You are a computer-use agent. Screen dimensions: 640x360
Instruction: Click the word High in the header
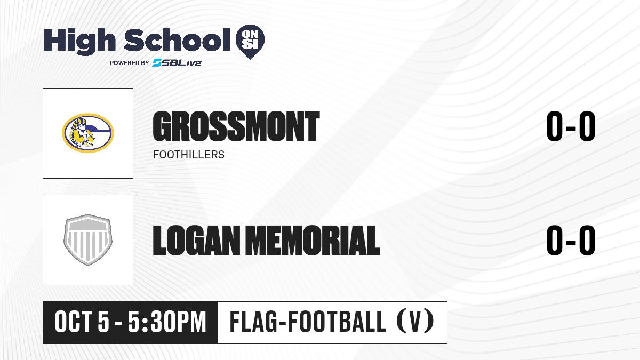79,41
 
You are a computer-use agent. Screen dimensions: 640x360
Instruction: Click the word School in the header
177,40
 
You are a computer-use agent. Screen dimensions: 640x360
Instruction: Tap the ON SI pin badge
250,42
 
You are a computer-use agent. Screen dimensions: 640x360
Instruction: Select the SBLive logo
177,63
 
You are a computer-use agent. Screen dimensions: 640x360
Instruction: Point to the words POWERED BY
130,63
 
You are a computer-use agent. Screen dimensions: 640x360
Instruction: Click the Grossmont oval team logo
88,133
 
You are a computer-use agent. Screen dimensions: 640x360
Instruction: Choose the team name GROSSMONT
236,126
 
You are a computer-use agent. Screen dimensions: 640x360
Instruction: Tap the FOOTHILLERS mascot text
189,155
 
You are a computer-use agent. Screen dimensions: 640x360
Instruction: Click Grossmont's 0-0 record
571,126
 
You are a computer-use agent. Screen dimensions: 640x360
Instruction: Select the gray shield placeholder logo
88,240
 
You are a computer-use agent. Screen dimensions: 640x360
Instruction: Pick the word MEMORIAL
313,241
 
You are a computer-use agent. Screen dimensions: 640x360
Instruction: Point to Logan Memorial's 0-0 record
571,240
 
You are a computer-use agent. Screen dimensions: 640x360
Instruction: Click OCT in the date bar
74,322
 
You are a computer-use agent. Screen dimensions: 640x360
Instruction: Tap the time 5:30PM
167,322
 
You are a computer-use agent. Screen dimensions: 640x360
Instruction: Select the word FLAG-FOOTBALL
308,322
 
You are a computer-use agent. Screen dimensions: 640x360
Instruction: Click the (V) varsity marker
415,322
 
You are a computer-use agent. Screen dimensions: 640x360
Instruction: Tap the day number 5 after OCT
103,322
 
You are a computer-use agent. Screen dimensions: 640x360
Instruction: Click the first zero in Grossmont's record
554,126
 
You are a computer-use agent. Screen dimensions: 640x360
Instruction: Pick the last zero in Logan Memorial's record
587,240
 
